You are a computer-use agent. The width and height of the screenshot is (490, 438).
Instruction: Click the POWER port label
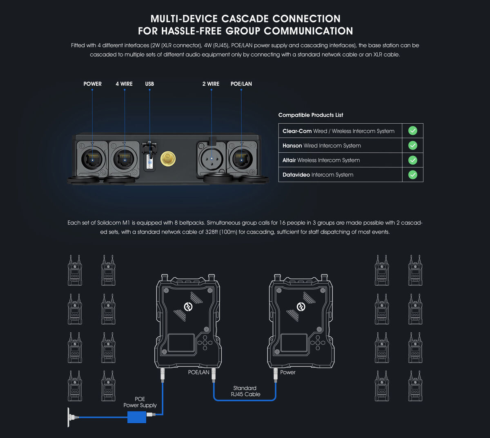92,84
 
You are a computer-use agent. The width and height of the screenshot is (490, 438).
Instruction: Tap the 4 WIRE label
124,84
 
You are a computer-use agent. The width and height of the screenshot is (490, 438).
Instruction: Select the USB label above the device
149,84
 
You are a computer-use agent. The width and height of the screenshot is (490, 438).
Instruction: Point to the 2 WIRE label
211,84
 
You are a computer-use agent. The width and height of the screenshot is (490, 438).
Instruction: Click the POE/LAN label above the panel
241,84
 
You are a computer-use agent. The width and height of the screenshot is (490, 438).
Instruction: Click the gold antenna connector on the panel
168,159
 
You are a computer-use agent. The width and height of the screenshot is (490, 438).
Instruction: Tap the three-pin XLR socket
212,159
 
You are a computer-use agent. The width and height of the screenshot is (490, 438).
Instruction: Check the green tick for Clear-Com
412,131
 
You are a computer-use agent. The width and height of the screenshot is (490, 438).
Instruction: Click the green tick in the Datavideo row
412,175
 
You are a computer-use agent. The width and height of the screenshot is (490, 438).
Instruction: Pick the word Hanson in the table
292,146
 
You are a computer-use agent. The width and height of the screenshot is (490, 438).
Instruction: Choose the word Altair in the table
289,160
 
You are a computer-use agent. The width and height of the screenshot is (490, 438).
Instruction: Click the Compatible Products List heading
311,115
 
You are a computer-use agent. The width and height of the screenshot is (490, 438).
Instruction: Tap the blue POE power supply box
137,417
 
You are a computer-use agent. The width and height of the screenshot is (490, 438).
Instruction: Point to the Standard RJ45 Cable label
245,391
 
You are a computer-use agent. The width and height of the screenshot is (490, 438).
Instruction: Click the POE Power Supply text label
140,402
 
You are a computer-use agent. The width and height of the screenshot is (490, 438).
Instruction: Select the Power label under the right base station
288,372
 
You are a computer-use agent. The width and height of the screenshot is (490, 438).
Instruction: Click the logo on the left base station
188,307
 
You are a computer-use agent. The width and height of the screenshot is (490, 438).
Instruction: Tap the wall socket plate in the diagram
69,417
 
